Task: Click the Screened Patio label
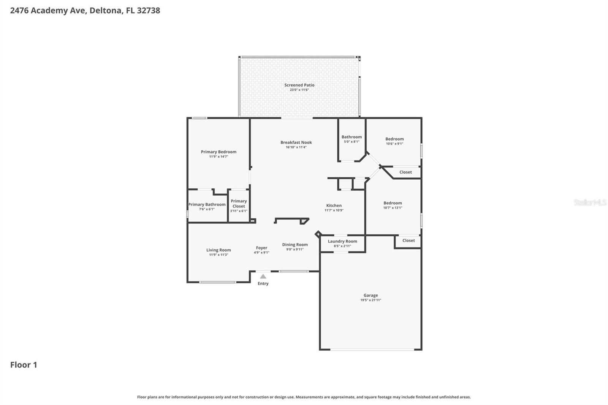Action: click(299, 85)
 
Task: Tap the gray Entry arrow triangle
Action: click(263, 277)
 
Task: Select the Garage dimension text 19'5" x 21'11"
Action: click(370, 300)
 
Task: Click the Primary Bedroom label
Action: click(218, 152)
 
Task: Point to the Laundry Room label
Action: click(342, 241)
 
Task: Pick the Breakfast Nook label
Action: click(296, 142)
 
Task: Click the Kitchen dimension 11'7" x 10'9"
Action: click(334, 210)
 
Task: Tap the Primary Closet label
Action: click(239, 204)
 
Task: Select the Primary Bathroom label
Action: click(207, 204)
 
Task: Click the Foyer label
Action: click(261, 248)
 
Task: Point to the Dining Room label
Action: click(295, 245)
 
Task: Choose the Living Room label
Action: click(218, 250)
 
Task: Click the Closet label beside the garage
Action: click(408, 240)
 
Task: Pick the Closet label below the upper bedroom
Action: click(405, 172)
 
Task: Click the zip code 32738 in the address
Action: click(148, 11)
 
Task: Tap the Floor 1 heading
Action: click(24, 365)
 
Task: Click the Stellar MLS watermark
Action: click(590, 202)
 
